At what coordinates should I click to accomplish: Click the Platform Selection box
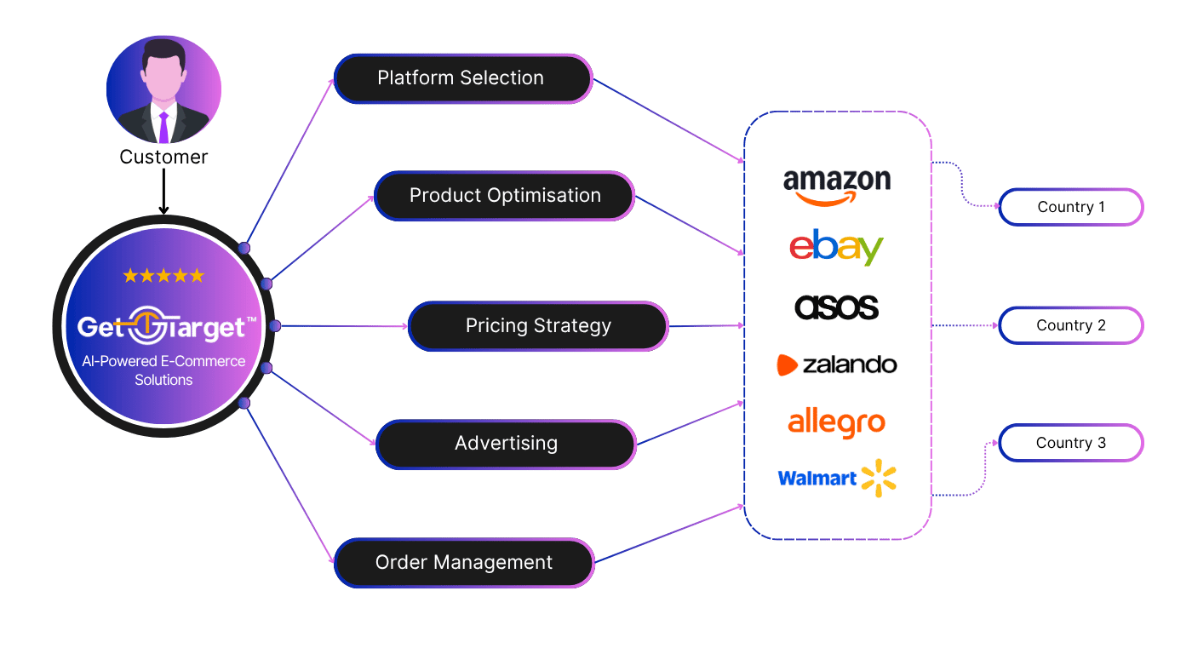[x=462, y=78]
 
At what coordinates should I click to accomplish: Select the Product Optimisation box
[x=505, y=196]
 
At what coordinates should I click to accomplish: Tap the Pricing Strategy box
[x=538, y=326]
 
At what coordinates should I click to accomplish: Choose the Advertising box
[x=506, y=444]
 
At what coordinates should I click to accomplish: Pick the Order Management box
[x=463, y=563]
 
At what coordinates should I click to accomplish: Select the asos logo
[x=836, y=307]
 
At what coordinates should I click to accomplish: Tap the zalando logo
[x=836, y=365]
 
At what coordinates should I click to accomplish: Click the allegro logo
[x=836, y=422]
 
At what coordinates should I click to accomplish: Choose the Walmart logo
[x=838, y=479]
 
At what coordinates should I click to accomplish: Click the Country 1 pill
[x=1070, y=207]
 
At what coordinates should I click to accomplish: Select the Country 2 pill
[x=1070, y=325]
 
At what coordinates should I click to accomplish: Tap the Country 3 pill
[x=1070, y=443]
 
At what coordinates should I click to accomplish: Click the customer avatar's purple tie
[x=164, y=126]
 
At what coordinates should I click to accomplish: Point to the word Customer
[x=163, y=158]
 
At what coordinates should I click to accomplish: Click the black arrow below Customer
[x=163, y=196]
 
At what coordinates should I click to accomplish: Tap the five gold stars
[x=163, y=276]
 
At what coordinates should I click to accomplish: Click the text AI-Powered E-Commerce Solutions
[x=163, y=370]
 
